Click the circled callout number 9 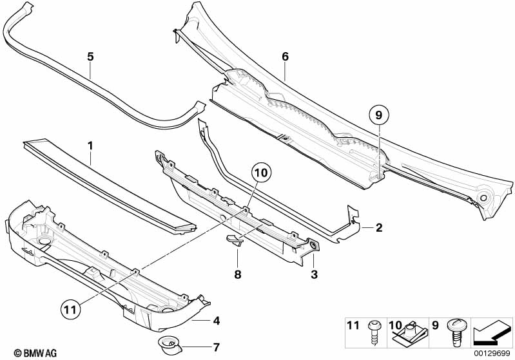[x=379, y=115]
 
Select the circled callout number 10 [x=262, y=173]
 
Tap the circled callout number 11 [x=71, y=309]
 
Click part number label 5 [x=90, y=57]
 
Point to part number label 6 [x=285, y=57]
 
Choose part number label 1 [x=90, y=146]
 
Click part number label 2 [x=379, y=227]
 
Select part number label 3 [x=315, y=274]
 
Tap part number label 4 [x=216, y=321]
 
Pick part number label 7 [x=216, y=347]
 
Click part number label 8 [x=237, y=274]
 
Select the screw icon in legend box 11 [x=373, y=332]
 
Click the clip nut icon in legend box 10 [x=410, y=332]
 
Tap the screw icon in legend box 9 [x=455, y=332]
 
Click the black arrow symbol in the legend [x=491, y=332]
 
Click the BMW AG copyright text [x=35, y=354]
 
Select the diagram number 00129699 [x=492, y=353]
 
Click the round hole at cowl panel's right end [x=483, y=198]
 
